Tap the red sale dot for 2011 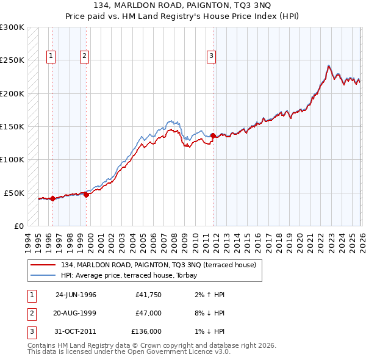coord(213,135)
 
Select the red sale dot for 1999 coord(86,195)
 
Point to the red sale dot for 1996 coord(52,198)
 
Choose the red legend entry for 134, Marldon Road coord(162,265)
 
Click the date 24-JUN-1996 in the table coord(76,295)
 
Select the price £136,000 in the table coord(146,331)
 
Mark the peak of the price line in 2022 coord(329,65)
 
